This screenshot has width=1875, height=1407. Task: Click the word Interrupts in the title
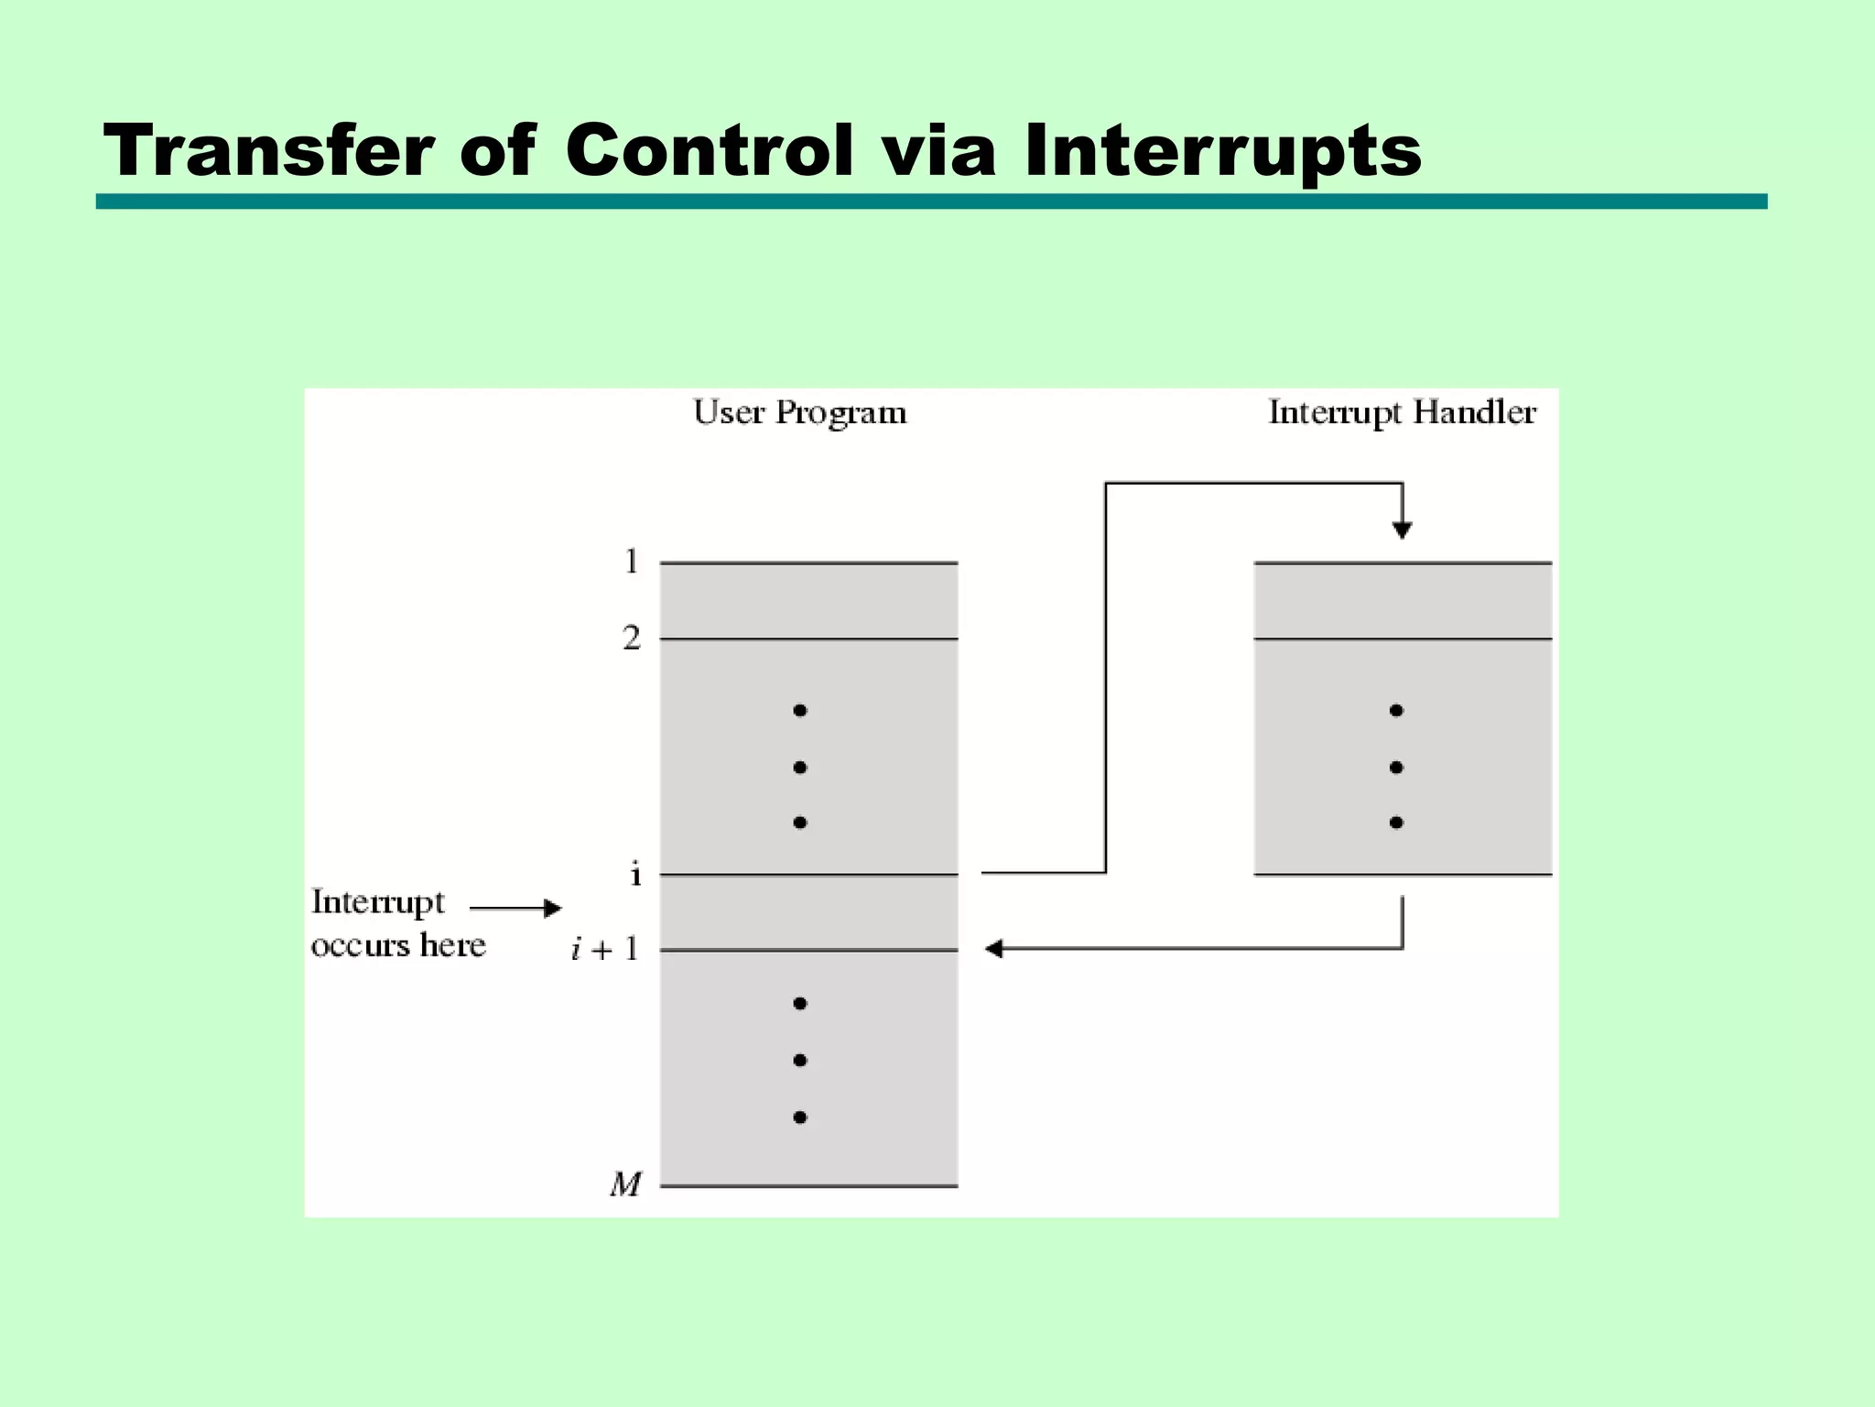coord(1223,151)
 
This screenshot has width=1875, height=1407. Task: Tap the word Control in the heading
coord(710,151)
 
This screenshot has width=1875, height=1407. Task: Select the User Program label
coord(799,414)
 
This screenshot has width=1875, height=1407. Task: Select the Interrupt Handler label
coord(1402,414)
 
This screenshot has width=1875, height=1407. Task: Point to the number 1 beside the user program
coord(632,562)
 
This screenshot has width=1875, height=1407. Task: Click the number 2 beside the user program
coord(632,638)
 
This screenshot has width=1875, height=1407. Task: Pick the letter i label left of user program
coord(635,875)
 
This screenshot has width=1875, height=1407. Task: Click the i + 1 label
coord(604,950)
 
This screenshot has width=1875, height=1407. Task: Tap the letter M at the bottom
coord(626,1185)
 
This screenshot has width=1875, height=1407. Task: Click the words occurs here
coord(398,945)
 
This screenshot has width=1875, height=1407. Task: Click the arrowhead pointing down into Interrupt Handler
coord(1402,529)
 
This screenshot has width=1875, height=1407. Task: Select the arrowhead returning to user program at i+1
coord(994,949)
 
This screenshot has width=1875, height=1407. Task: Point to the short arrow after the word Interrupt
coord(515,908)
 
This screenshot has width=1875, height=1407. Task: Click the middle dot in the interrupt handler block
coord(1396,767)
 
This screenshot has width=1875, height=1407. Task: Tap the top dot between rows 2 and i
coord(800,710)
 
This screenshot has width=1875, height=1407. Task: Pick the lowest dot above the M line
coord(800,1117)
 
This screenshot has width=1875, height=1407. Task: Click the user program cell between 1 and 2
coord(809,601)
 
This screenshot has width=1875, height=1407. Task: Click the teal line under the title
coord(931,202)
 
